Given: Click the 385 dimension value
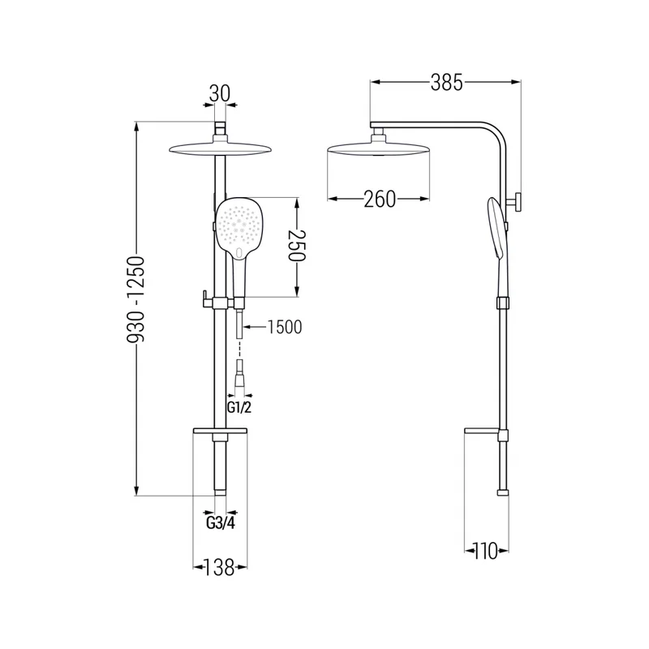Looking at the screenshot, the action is [x=447, y=83].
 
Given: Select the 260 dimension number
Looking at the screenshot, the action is [x=380, y=199].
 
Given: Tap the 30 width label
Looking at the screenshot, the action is [x=219, y=93].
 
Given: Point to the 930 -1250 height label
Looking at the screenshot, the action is [x=136, y=300].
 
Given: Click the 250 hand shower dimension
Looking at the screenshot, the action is [x=297, y=246].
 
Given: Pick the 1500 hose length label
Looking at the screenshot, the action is [x=285, y=327].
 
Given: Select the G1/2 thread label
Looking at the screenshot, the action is [x=239, y=408].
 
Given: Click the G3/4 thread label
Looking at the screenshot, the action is [x=221, y=523].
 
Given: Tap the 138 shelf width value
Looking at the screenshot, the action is [x=220, y=567].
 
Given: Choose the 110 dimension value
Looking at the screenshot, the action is [x=485, y=551].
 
